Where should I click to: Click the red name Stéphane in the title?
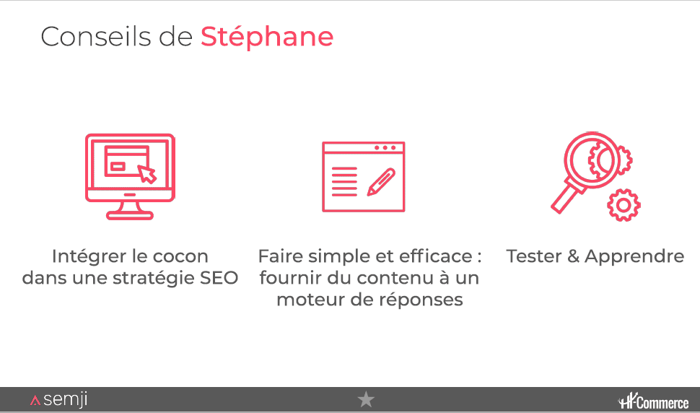(267, 37)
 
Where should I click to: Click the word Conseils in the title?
(95, 37)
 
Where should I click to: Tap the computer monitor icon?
(130, 176)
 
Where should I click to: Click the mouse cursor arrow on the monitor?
(147, 174)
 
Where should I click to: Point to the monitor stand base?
(129, 216)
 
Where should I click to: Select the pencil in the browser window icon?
(381, 182)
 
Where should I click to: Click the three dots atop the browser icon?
(385, 148)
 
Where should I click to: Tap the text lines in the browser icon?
(344, 182)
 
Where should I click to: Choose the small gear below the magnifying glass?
(624, 205)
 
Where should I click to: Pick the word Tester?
(533, 256)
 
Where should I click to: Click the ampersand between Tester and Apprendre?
(573, 256)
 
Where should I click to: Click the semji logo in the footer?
(59, 399)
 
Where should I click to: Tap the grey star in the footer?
(366, 399)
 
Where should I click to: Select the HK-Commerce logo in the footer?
(653, 401)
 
